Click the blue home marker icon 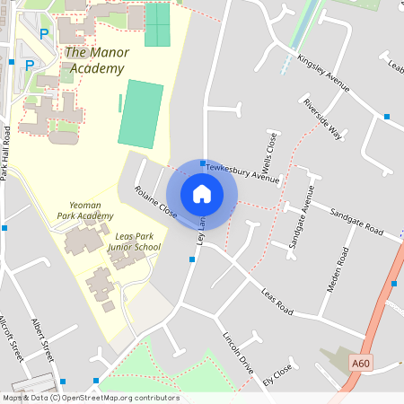(x=202, y=193)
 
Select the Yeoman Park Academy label (x=85, y=210)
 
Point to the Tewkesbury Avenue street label (x=242, y=171)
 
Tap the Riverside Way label (x=322, y=119)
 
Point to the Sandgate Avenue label (x=299, y=216)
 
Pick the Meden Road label (x=342, y=268)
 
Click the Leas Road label (x=277, y=301)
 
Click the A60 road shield (x=361, y=363)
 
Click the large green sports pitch (x=141, y=114)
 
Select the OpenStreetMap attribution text (x=90, y=398)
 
